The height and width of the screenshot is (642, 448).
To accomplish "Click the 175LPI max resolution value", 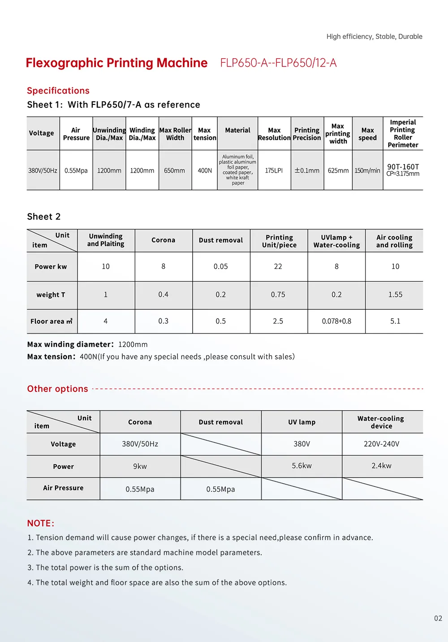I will pyautogui.click(x=274, y=171).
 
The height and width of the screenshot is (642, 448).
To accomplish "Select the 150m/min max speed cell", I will pyautogui.click(x=367, y=171).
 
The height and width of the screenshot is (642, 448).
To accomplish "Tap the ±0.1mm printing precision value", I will pyautogui.click(x=307, y=171).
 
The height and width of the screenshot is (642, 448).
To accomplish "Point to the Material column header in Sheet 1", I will pyautogui.click(x=237, y=130).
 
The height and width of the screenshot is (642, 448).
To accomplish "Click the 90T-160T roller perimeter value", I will pyautogui.click(x=403, y=167).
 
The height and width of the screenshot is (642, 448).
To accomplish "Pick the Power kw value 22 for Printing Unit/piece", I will pyautogui.click(x=278, y=266).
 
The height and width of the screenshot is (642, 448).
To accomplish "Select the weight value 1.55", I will pyautogui.click(x=395, y=295).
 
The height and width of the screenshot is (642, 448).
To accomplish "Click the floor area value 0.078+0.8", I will pyautogui.click(x=336, y=321).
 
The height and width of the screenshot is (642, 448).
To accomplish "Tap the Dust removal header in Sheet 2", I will pyautogui.click(x=221, y=240).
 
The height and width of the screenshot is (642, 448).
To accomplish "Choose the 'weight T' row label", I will pyautogui.click(x=51, y=295).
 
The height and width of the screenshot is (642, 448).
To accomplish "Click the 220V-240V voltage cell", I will pyautogui.click(x=381, y=444).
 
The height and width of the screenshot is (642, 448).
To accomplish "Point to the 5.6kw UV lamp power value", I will pyautogui.click(x=302, y=466).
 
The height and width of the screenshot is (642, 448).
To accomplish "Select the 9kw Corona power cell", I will pyautogui.click(x=140, y=466).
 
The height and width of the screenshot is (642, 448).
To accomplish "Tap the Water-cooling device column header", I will pyautogui.click(x=381, y=422).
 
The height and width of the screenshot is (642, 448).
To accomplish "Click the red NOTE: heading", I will pyautogui.click(x=41, y=523).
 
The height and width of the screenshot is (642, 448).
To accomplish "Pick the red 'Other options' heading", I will pyautogui.click(x=57, y=389).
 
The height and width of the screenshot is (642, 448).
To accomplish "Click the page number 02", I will pyautogui.click(x=438, y=618).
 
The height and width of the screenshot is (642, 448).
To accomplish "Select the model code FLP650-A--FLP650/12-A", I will pyautogui.click(x=278, y=63).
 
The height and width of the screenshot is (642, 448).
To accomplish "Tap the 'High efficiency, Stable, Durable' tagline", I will pyautogui.click(x=374, y=37).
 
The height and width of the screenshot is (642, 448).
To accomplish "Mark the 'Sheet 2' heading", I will pyautogui.click(x=44, y=217).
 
